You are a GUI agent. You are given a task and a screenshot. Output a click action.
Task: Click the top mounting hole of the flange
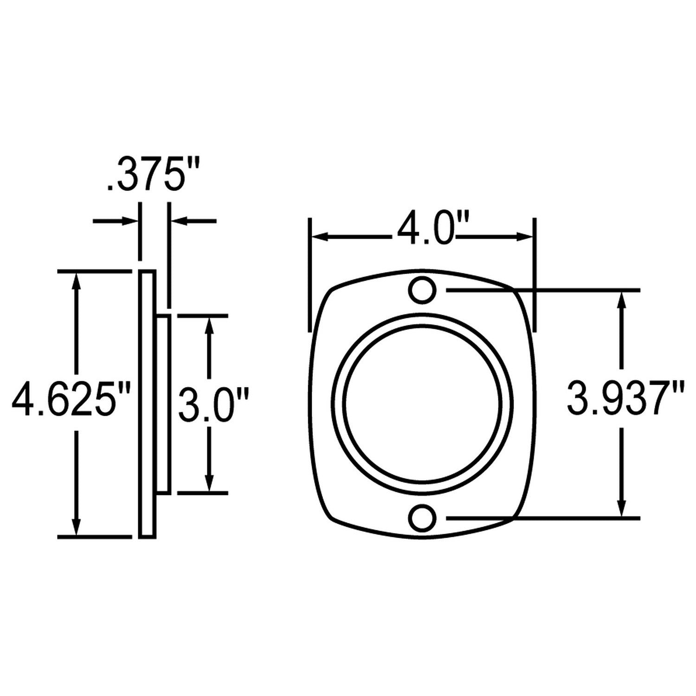pos(422,290)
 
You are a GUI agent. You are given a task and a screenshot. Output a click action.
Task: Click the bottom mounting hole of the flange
pos(422,517)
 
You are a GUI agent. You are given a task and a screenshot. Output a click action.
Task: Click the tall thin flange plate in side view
pos(147,404)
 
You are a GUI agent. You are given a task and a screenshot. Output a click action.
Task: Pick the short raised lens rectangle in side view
pos(163,404)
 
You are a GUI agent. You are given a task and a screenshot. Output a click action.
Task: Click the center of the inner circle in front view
pos(422,404)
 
